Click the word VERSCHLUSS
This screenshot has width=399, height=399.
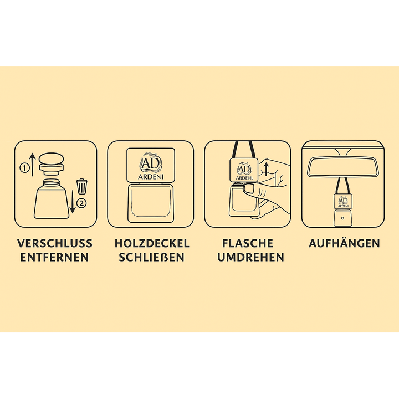[55, 243]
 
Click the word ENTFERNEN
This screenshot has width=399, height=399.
[55, 257]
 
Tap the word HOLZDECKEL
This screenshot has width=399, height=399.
[152, 243]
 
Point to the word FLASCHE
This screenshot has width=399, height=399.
[248, 243]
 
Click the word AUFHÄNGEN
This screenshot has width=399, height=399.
[345, 243]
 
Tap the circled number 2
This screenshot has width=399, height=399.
[83, 202]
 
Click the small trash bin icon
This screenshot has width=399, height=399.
[81, 184]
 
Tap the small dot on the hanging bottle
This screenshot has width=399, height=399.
[342, 219]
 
